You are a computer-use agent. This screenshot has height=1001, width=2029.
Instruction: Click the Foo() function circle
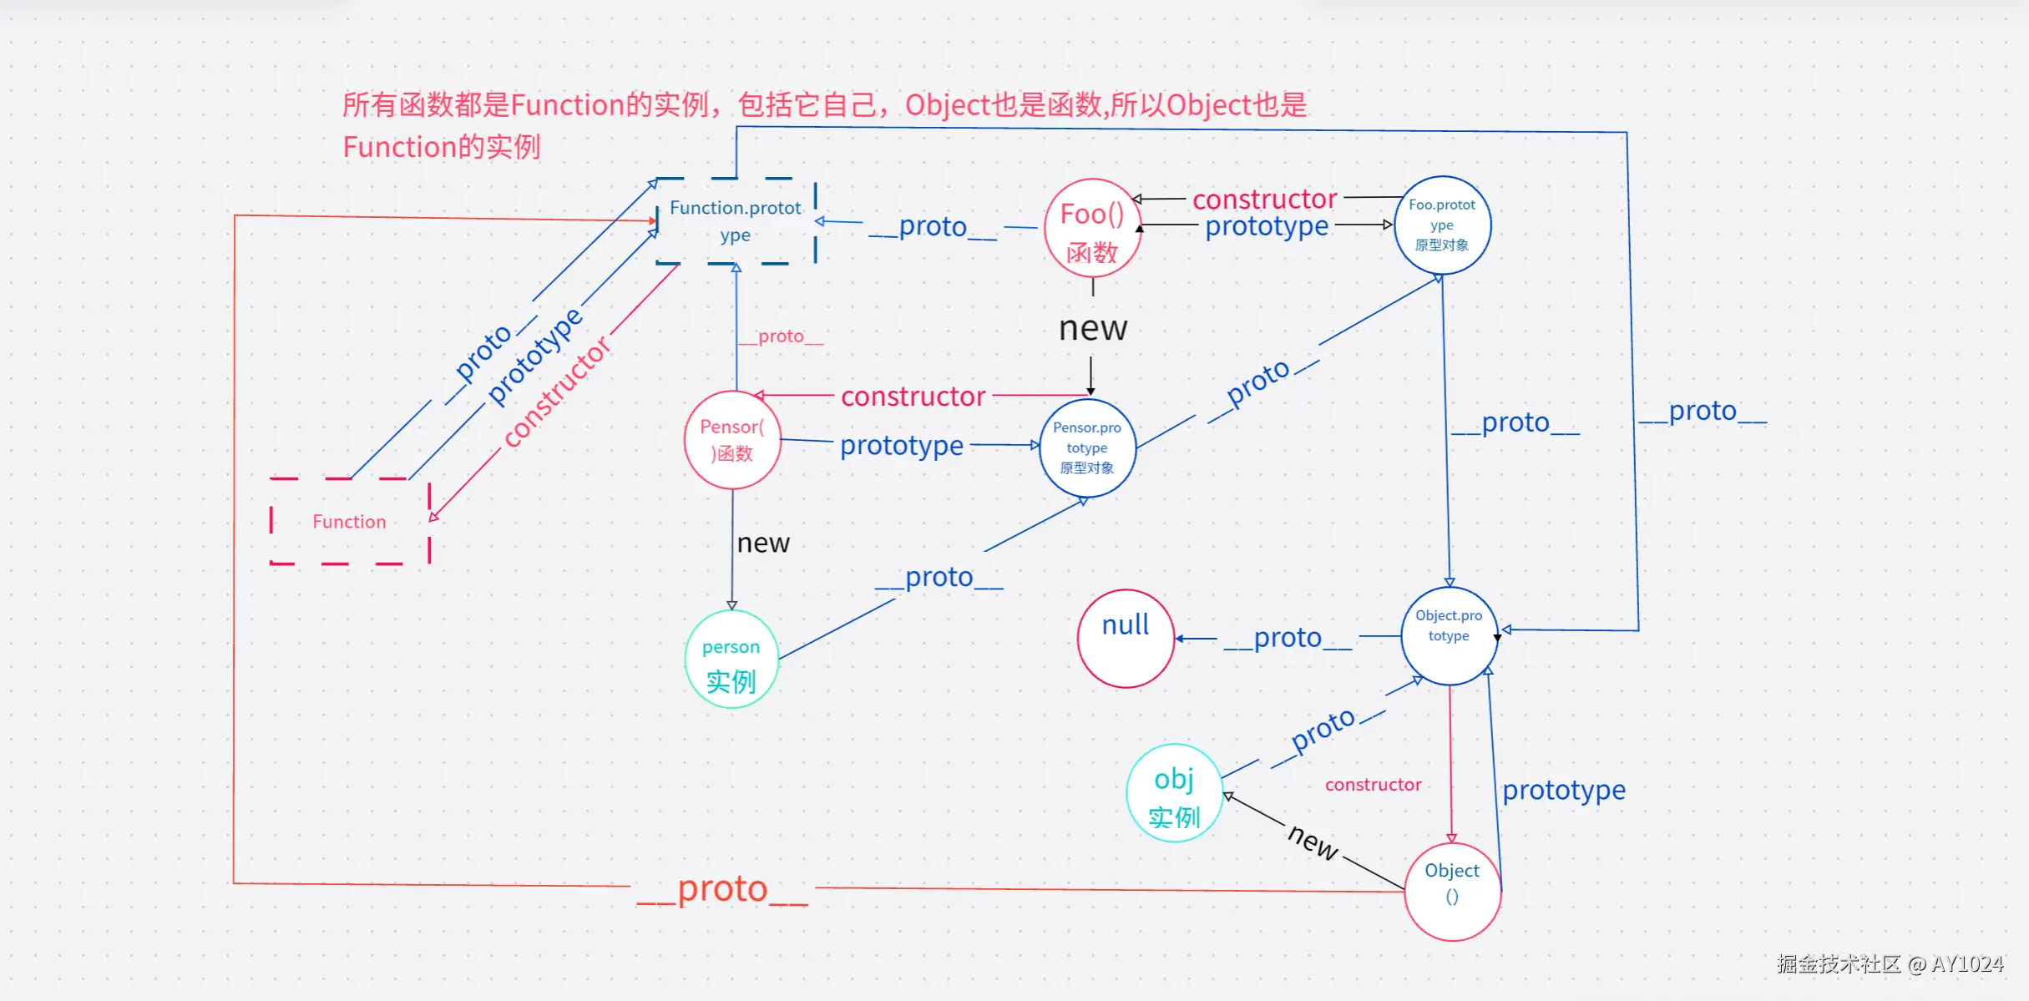click(1092, 228)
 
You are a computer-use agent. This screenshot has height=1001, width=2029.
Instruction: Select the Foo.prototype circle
click(1442, 225)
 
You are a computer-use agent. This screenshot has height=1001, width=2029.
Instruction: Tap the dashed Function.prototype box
click(736, 220)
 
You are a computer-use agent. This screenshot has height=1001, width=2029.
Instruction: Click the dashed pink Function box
click(350, 522)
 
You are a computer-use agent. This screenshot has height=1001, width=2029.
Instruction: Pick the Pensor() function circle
click(732, 440)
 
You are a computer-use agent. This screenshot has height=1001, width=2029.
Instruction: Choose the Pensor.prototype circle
click(1087, 447)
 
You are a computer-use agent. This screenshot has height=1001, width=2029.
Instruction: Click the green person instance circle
click(731, 660)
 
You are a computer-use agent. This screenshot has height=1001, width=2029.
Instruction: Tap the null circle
click(1126, 639)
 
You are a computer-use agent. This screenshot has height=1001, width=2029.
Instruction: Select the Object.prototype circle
click(1449, 636)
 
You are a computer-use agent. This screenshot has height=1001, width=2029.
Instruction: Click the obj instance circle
click(1174, 793)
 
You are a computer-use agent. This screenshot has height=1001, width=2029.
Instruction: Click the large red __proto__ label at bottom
click(722, 888)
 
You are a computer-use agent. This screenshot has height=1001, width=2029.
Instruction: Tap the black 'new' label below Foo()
click(1093, 328)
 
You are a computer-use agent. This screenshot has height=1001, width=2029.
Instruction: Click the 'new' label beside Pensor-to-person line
click(762, 543)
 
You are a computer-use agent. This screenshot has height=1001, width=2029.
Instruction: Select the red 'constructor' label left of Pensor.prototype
click(913, 396)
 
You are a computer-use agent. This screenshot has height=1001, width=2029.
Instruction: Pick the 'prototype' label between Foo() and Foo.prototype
click(1267, 225)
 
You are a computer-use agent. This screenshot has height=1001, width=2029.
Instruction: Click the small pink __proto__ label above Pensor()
click(781, 336)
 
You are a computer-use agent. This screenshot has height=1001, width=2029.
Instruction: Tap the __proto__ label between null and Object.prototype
click(1287, 638)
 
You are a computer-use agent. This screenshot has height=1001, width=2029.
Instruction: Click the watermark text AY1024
click(1967, 964)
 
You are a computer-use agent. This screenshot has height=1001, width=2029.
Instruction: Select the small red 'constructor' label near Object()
click(1373, 785)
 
